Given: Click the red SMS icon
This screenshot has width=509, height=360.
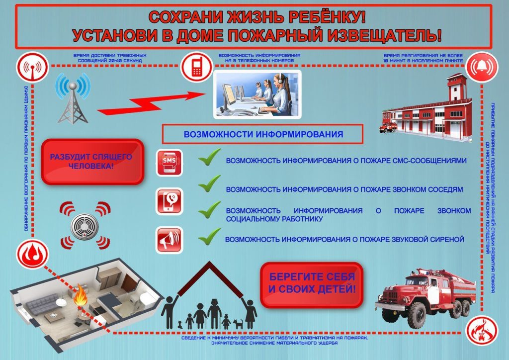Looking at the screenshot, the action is [169, 163].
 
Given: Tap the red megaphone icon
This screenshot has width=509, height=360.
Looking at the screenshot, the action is [169, 240].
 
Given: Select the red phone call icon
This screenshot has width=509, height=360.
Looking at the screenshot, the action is [169, 201].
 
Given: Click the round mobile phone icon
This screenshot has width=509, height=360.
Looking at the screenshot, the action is [197, 67].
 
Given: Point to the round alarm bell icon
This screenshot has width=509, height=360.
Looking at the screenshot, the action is [482, 67].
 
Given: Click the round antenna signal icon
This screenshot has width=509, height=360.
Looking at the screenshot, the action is [32, 67].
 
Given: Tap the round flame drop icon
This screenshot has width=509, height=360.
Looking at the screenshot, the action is [32, 254].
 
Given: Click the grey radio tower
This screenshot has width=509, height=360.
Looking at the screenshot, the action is [73, 99].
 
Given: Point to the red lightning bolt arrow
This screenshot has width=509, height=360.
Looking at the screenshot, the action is [151, 103].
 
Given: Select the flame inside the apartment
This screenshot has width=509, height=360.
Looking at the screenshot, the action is [80, 295].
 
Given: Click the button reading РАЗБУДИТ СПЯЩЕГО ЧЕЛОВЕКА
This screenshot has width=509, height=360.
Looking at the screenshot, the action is [92, 162].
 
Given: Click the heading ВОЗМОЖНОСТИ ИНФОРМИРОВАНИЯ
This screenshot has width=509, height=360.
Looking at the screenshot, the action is [263, 134].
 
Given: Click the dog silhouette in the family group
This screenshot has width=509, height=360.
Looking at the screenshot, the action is [238, 324].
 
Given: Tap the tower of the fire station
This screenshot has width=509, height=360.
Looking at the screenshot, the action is [457, 88].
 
